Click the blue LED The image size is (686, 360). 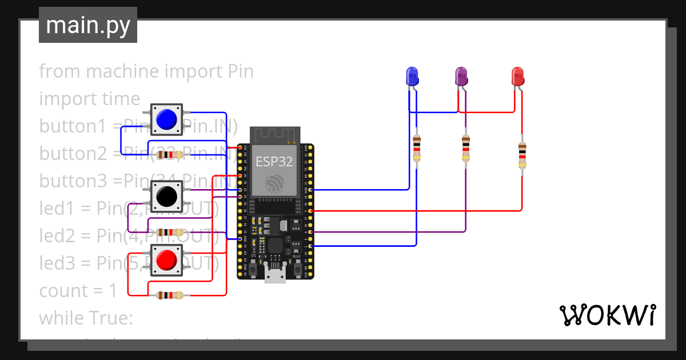412,77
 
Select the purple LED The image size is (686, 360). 461,77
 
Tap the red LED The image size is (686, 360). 517,77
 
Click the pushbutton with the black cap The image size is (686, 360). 166,197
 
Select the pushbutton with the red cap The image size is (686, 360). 166,260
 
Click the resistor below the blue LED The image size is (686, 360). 417,149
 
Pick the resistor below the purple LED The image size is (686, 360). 466,149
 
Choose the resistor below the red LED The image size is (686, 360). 522,154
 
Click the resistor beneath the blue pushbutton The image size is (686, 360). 170,154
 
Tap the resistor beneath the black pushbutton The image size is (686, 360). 170,232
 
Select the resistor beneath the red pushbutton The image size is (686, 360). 170,295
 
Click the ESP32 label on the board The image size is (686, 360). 274,162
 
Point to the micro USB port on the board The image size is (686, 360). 276,276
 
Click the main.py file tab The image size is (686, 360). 88,26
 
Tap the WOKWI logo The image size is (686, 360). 607,315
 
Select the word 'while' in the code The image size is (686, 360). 62,318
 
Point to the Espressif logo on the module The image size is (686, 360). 275,184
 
